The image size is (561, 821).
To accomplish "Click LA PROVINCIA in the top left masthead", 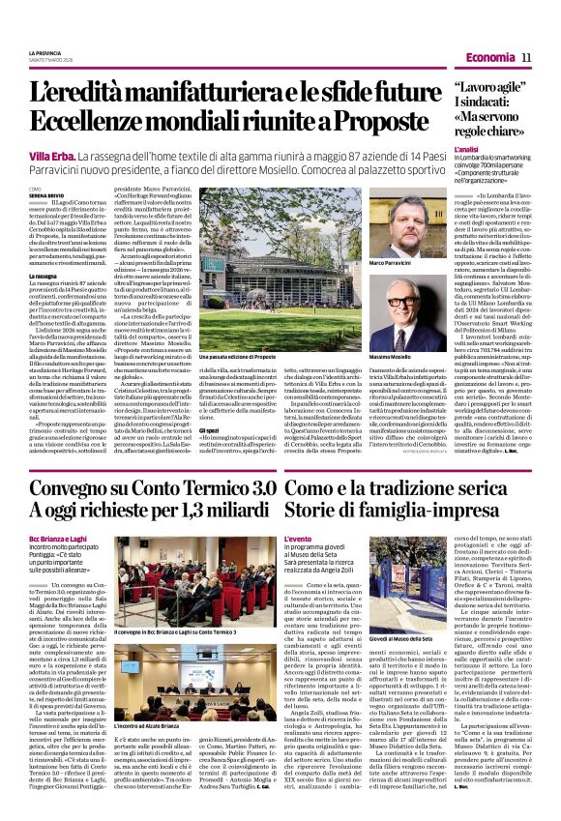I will (x=45, y=53).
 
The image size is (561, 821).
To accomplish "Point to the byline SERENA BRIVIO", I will (x=47, y=197).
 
